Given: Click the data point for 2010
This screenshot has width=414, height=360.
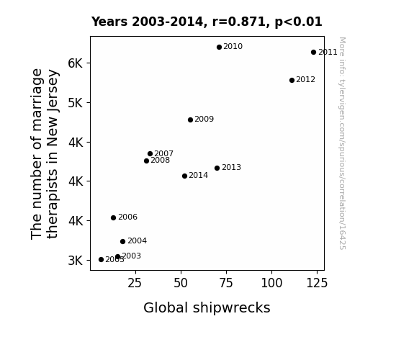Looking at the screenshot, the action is (219, 48).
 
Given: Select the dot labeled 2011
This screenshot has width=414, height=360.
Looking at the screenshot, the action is (313, 53).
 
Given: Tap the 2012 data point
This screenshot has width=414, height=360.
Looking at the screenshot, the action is (292, 81).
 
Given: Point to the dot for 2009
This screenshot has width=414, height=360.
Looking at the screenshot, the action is (190, 120).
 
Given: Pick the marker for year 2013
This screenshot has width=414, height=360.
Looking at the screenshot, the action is (217, 168).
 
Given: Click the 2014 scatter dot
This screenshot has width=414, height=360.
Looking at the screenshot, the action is (184, 176).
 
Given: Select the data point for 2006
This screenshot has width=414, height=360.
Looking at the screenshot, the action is (113, 218).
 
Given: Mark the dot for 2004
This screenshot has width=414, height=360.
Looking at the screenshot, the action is (122, 242).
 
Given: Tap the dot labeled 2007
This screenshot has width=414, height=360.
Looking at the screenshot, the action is (150, 153).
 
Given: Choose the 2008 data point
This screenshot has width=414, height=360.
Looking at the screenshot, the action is (147, 161).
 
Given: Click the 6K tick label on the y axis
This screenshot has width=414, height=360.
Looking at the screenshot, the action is (76, 63).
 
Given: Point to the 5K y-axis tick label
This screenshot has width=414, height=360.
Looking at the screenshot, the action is (76, 103).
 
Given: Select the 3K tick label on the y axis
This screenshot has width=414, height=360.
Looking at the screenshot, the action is (76, 261).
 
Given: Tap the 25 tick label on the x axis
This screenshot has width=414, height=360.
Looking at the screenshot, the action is (135, 283).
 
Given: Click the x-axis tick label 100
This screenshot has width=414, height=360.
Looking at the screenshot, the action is (271, 283).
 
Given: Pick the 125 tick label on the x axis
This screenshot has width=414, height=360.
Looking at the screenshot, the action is (317, 283).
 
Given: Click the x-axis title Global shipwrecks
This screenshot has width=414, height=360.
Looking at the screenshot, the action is (207, 308).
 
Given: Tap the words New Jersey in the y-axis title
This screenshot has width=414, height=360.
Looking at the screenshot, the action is (52, 108).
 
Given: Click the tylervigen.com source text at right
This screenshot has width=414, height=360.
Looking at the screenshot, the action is (342, 143).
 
